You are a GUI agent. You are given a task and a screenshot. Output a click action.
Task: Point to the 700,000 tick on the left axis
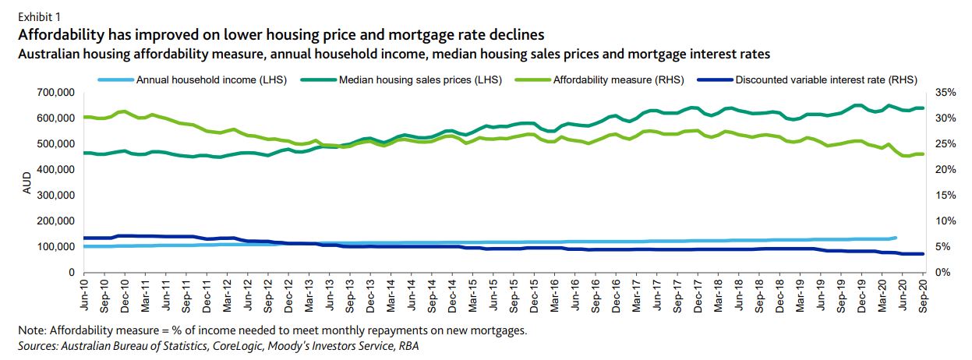pyautogui.click(x=54, y=93)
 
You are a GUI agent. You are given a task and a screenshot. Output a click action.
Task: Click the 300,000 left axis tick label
pyautogui.click(x=54, y=196)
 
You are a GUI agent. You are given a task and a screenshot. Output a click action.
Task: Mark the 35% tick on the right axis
pyautogui.click(x=944, y=93)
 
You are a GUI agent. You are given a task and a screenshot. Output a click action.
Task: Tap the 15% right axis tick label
pyautogui.click(x=944, y=196)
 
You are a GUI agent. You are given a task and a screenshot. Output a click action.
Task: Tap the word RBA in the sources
pyautogui.click(x=404, y=344)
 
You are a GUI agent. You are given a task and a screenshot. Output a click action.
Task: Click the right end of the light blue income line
pyautogui.click(x=896, y=238)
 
